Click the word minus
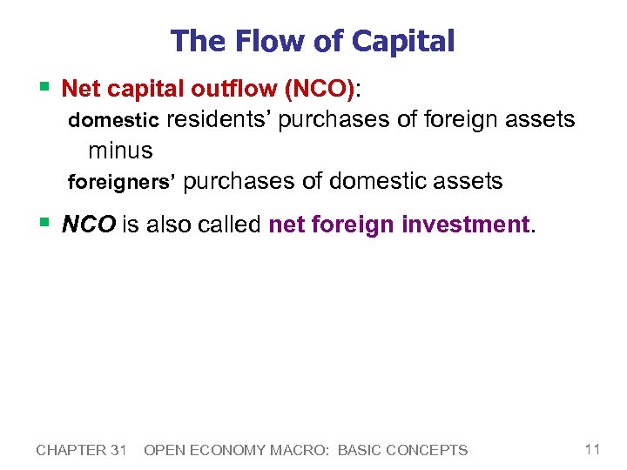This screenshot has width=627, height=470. pyautogui.click(x=120, y=151)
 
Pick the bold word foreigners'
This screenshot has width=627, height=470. pyautogui.click(x=122, y=182)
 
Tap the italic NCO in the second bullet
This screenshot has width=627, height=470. pyautogui.click(x=90, y=225)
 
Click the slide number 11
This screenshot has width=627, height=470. pyautogui.click(x=592, y=449)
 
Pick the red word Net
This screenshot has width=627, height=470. pyautogui.click(x=81, y=89)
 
